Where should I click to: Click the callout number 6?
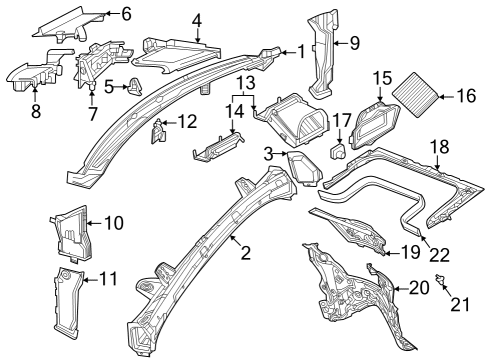[x=126, y=14]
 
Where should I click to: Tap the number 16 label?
[x=466, y=96]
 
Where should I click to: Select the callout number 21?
[x=460, y=304]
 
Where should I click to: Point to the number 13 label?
[x=246, y=83]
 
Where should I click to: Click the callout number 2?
[x=246, y=253]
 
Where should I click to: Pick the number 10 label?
[x=114, y=223]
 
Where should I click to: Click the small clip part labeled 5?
[x=134, y=86]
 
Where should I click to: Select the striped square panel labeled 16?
[x=415, y=95]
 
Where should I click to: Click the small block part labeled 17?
[x=338, y=151]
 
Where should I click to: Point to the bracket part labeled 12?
[x=158, y=131]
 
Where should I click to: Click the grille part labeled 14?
[x=218, y=147]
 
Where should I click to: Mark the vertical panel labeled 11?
[x=68, y=303]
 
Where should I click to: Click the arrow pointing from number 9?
[x=341, y=43]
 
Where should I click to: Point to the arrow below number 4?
[x=198, y=35]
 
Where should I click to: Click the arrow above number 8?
[x=35, y=92]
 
